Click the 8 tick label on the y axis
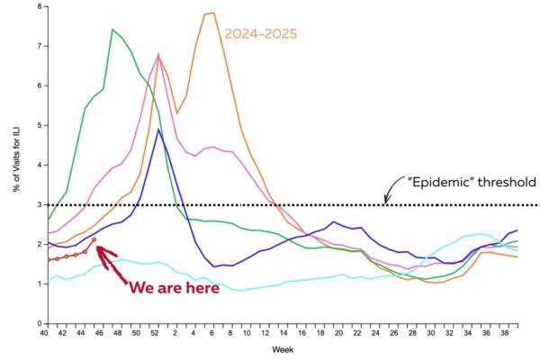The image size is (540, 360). point(39,6)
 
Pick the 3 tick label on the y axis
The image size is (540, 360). point(39,204)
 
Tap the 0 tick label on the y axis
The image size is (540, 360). point(39,323)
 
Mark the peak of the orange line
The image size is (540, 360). point(212,13)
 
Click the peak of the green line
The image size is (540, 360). point(112,30)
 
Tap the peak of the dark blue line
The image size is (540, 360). point(158,129)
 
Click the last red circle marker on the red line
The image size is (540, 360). point(94,239)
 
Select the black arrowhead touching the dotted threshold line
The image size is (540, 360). point(386,201)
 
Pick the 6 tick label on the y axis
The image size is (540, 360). point(39,85)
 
